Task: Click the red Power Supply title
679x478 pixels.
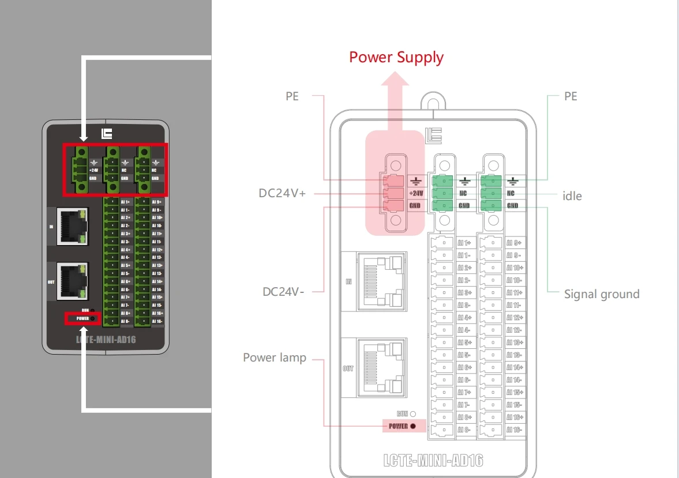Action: tap(396, 57)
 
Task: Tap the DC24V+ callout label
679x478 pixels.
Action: tap(282, 193)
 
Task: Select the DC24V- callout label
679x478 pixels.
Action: tap(283, 292)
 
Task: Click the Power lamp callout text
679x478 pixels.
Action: tap(275, 357)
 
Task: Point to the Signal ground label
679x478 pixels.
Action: tap(602, 294)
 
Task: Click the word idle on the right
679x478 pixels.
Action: tap(572, 196)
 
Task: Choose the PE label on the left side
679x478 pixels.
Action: tap(292, 96)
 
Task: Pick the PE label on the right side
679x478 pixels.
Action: tap(571, 96)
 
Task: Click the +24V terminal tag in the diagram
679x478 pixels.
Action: tap(416, 193)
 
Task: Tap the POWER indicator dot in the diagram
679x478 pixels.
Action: tap(413, 426)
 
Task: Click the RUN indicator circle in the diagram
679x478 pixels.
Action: tap(413, 413)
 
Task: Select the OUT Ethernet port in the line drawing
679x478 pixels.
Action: tap(380, 367)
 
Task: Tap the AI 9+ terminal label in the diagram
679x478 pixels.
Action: tap(513, 243)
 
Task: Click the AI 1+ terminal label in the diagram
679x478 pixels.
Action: tap(464, 243)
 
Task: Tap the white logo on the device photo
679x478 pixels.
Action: tap(107, 134)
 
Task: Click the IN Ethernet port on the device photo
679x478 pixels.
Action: tap(72, 227)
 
